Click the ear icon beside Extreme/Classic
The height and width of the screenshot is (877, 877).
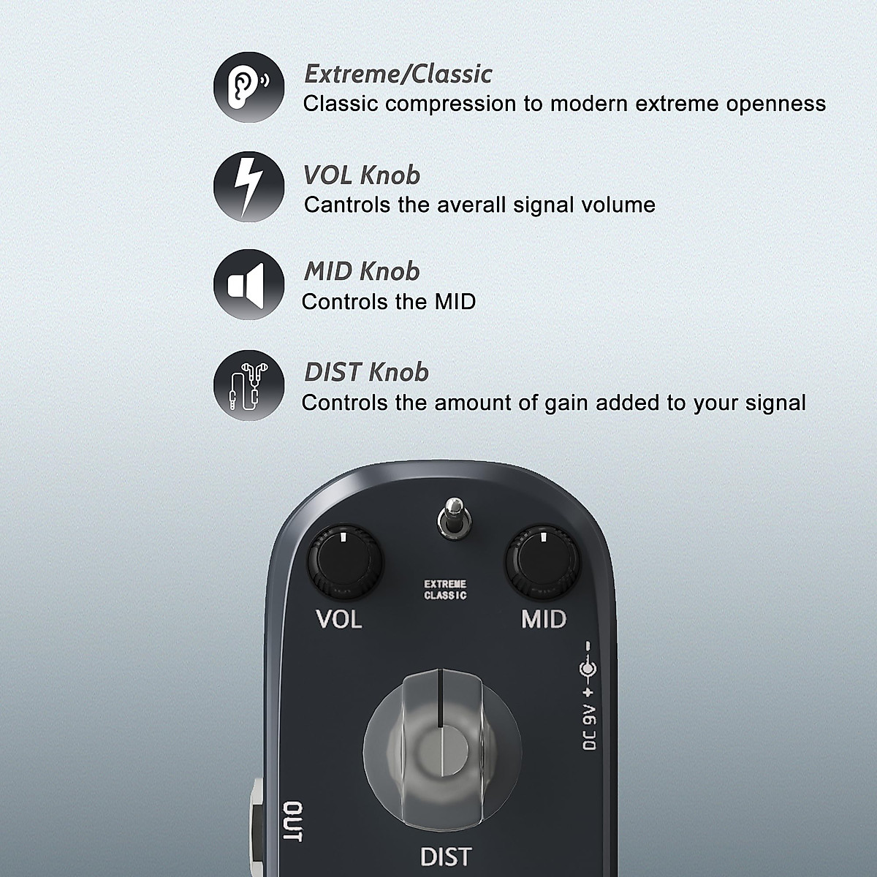tap(248, 86)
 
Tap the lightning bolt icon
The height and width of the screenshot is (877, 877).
tap(248, 186)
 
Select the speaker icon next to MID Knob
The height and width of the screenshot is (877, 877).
tap(248, 284)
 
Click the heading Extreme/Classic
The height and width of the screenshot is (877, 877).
tap(398, 74)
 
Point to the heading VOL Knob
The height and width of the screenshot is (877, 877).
tap(362, 175)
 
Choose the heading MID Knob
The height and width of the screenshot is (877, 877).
tap(362, 272)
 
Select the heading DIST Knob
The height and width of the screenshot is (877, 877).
tap(366, 373)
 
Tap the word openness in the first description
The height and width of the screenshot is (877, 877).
tap(776, 104)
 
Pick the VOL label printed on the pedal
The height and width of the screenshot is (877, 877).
tap(339, 620)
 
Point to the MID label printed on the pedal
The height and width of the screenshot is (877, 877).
tap(543, 620)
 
